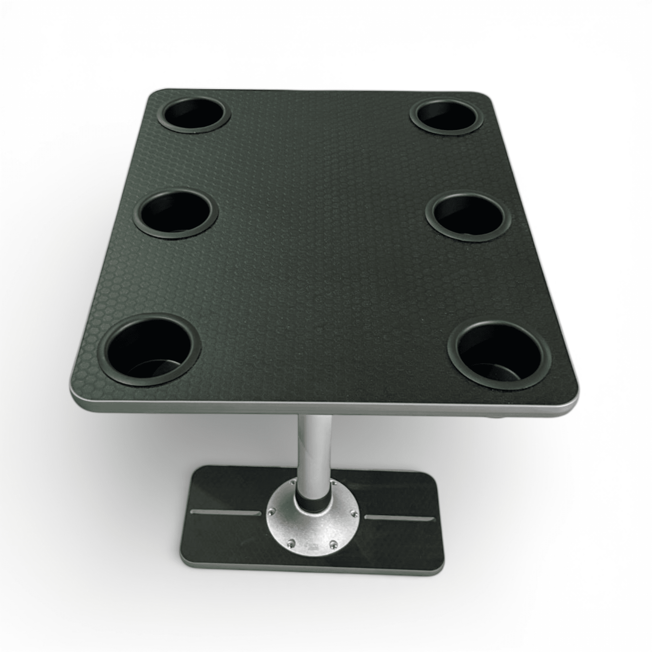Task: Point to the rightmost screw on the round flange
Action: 353,523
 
